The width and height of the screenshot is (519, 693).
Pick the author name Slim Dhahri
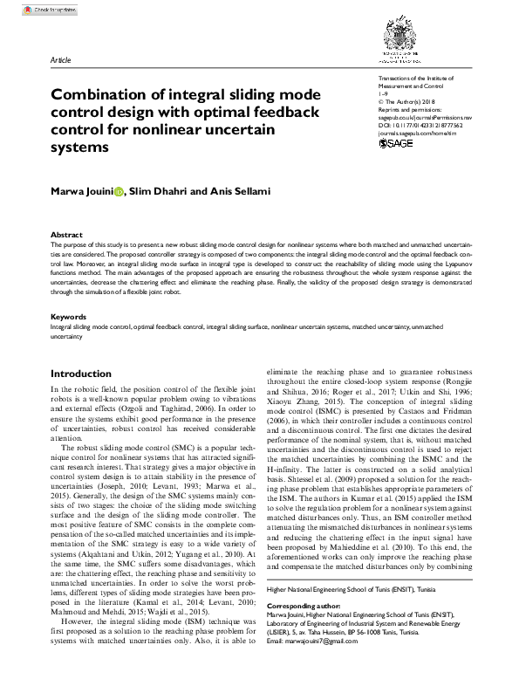coord(158,191)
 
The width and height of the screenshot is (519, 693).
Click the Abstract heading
coord(66,236)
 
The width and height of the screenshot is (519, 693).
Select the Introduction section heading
coord(81,373)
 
